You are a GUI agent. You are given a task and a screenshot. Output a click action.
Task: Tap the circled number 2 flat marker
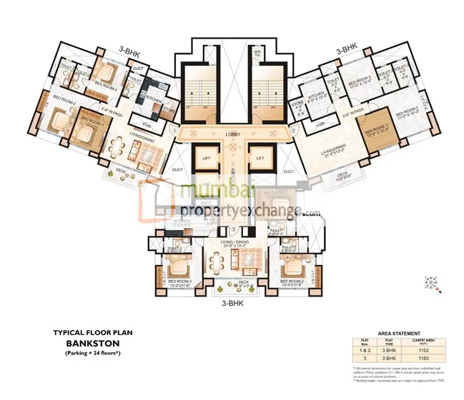tap(293, 131)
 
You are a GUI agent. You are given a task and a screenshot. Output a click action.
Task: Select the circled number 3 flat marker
tap(233, 229)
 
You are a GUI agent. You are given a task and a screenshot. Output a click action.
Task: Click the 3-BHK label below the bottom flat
tap(235, 301)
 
